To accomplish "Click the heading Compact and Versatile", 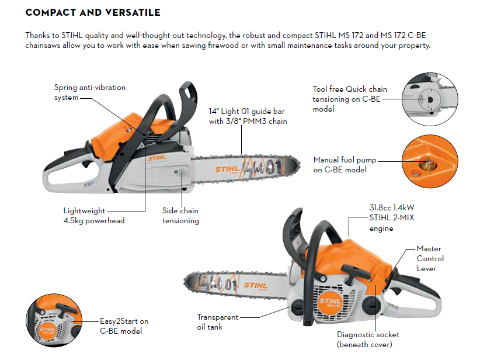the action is click(93, 12).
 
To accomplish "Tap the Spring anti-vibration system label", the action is click(90, 92).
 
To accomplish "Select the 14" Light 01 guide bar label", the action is click(248, 116).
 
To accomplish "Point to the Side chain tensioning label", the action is click(180, 216).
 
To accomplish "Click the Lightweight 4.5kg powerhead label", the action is click(94, 216).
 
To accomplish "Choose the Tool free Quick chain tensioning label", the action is click(350, 99).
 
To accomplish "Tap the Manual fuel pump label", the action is click(345, 165).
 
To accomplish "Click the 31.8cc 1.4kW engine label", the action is click(392, 218).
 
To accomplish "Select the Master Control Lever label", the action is click(430, 259).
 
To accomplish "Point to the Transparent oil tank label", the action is click(217, 322).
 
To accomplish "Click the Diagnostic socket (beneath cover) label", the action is click(368, 340).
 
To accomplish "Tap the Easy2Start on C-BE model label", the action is click(124, 326).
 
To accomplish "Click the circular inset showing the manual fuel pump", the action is click(430, 161).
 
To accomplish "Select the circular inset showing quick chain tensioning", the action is click(430, 99).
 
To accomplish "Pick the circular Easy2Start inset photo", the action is click(54, 320).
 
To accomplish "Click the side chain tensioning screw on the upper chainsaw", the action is click(176, 172).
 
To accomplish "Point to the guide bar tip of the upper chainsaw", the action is click(299, 167).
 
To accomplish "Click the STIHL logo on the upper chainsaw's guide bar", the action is click(227, 169).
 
